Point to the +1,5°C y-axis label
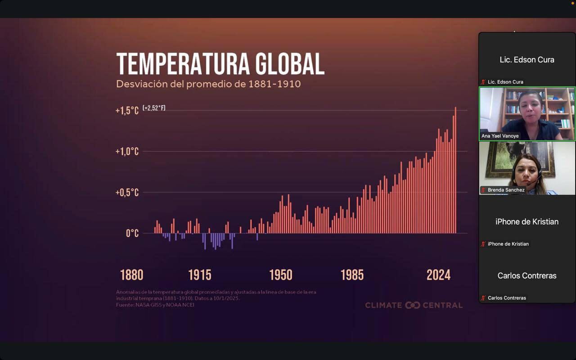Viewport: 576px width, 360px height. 127,111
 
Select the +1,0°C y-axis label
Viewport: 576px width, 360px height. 127,152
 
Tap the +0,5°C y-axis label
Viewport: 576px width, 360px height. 127,193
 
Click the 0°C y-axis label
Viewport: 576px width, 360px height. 132,233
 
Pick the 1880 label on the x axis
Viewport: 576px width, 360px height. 131,275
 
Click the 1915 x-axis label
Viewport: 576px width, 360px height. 199,275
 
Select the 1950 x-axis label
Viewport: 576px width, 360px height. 280,275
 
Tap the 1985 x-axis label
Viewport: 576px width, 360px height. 352,275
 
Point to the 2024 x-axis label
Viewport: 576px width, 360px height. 438,275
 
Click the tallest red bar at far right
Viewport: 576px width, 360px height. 455,171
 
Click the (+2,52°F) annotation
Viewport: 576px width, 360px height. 154,108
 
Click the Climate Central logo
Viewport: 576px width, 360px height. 414,305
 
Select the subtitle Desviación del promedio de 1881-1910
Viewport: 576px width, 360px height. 208,84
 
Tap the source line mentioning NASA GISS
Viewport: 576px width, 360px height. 155,305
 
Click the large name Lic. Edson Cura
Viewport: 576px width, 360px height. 527,60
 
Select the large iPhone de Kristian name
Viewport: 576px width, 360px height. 527,222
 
